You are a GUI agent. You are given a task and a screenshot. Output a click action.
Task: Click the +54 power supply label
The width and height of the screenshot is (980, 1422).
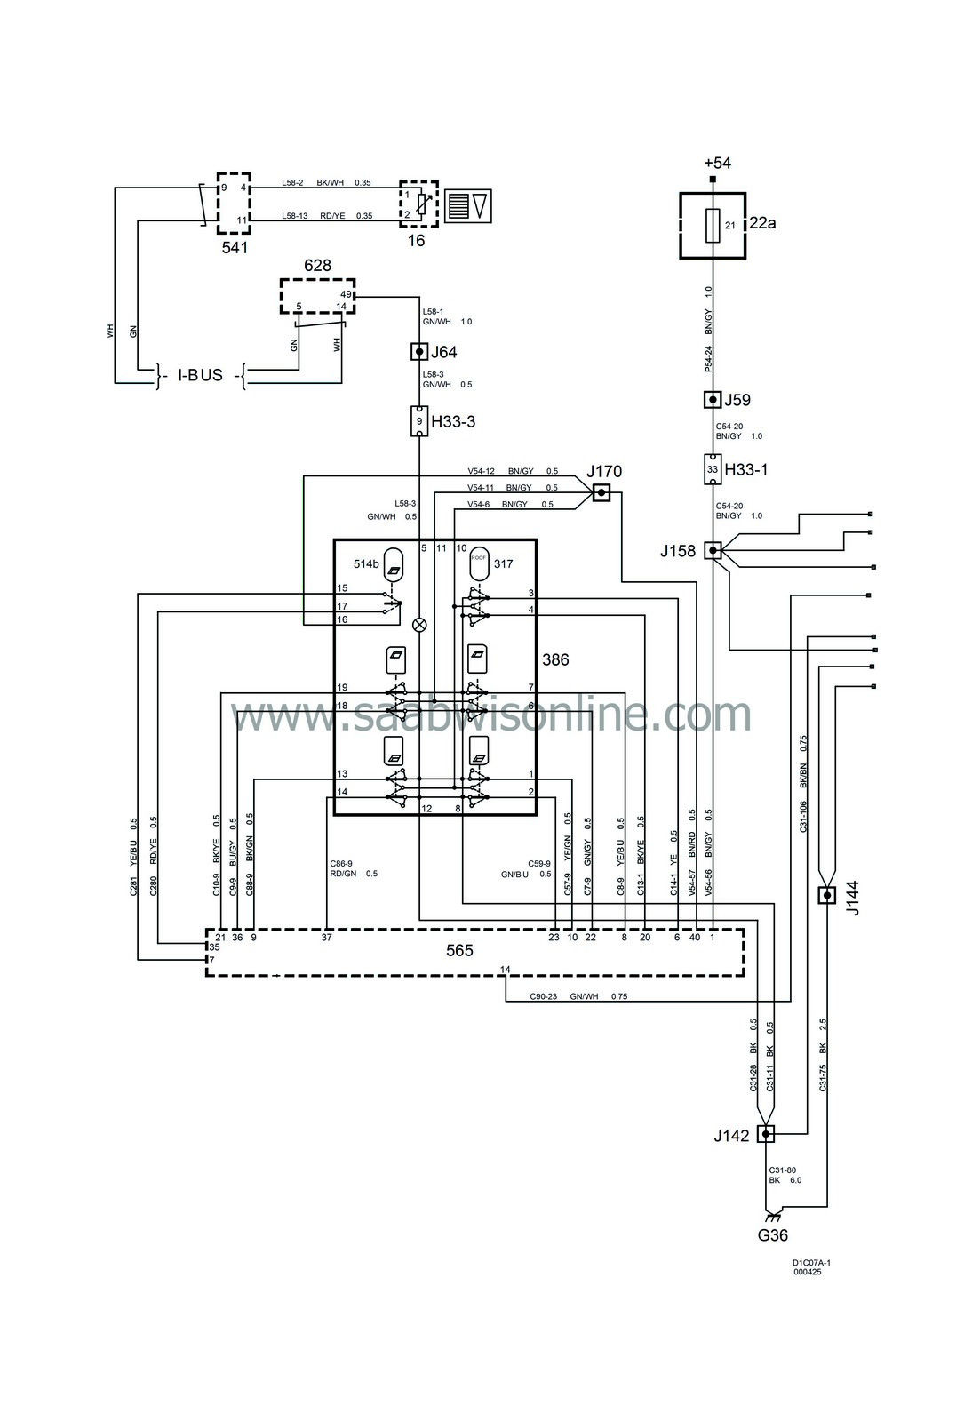(716, 164)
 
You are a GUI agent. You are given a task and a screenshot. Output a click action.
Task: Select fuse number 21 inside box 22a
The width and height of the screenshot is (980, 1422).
(713, 225)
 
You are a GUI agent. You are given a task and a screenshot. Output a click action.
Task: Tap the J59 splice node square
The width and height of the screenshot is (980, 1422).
(712, 400)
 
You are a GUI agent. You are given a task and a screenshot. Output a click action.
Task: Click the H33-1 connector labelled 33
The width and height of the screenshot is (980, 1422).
(712, 469)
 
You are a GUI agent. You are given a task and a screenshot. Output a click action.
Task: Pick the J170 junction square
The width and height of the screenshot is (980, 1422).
(602, 491)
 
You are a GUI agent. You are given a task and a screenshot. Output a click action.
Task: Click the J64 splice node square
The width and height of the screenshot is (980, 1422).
(419, 352)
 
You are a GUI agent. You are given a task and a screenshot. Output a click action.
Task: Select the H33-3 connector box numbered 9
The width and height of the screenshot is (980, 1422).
(419, 420)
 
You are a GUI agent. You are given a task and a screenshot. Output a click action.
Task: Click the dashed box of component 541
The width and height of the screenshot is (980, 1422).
(234, 204)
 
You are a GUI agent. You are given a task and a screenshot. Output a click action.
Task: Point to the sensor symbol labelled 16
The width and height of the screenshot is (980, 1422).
(418, 204)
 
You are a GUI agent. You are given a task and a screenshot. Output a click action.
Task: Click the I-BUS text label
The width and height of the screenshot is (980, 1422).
(200, 375)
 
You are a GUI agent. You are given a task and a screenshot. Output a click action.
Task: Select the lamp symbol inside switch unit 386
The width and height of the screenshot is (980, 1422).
(419, 625)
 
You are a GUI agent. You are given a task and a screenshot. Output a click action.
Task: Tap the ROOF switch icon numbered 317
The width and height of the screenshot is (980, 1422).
(480, 563)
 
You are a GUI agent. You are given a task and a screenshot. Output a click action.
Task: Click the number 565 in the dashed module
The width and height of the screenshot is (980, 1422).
(459, 951)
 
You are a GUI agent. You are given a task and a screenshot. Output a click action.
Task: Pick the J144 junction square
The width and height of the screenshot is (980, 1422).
(826, 895)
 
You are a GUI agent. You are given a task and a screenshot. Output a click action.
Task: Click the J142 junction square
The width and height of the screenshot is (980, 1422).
(765, 1134)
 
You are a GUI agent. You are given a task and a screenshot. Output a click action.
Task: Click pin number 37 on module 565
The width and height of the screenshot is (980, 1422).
(327, 937)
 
